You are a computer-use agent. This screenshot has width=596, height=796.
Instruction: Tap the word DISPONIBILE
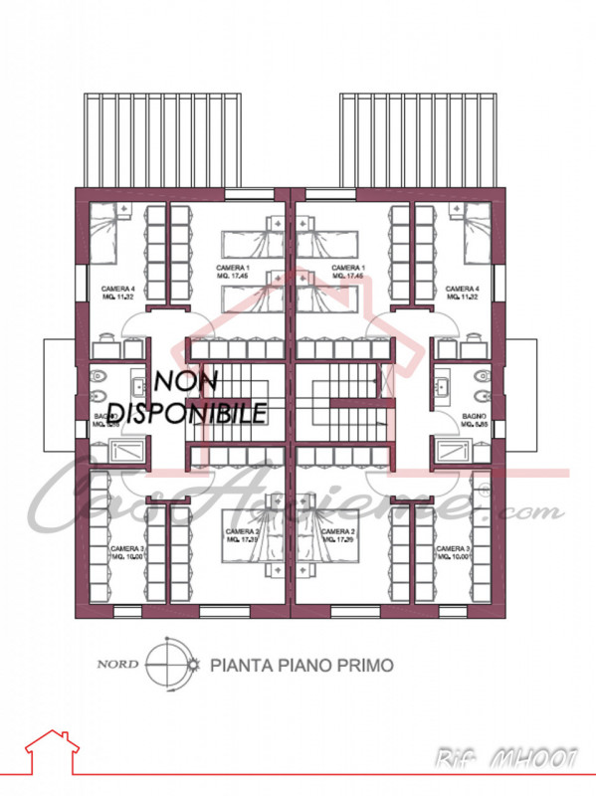[187, 411]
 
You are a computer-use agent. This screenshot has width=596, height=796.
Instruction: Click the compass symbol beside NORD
[164, 663]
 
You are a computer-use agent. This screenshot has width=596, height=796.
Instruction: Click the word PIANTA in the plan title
[240, 664]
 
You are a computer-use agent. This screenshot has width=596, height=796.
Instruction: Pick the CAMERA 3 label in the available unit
[454, 552]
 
